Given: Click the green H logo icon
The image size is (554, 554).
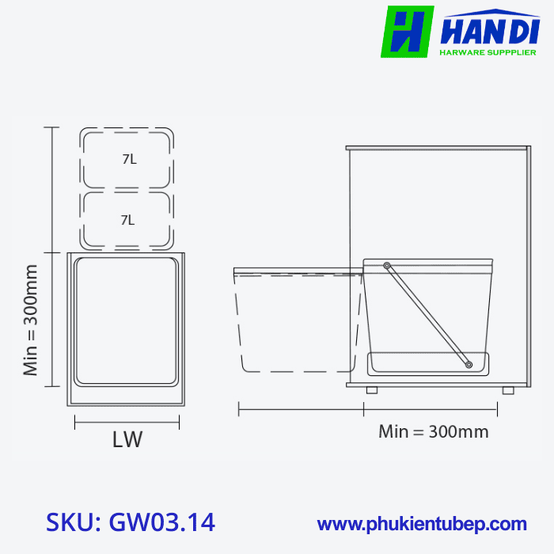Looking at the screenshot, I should tap(407, 32).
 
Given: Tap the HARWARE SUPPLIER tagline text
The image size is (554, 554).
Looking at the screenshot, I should tap(487, 52).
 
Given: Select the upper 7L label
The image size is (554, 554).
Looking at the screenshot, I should tap(129, 159).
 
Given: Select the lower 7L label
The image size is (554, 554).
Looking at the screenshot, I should tap(127, 220).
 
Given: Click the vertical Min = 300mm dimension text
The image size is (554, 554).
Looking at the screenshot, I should tap(31, 321).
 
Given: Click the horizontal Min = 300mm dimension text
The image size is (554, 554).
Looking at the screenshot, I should tap(433, 432).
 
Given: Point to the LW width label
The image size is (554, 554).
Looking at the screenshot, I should tap(127, 440).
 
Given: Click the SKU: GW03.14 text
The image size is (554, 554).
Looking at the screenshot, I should tap(131, 522).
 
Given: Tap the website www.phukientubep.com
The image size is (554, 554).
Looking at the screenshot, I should tap(422, 524).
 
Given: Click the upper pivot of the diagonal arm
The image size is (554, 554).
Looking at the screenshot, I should tap(386, 265).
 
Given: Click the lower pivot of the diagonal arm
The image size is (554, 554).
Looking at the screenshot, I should tap(469, 365).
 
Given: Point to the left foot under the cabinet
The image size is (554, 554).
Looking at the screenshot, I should tap(372, 390).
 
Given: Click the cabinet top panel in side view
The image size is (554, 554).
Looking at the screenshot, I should tap(437, 147).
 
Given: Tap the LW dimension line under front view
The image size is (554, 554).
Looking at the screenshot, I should tap(127, 424).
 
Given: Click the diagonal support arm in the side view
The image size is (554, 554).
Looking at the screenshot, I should tap(427, 315).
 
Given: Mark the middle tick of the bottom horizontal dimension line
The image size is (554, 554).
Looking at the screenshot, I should tap(363, 409).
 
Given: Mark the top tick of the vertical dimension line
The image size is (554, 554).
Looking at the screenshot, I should tap(52, 127).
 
